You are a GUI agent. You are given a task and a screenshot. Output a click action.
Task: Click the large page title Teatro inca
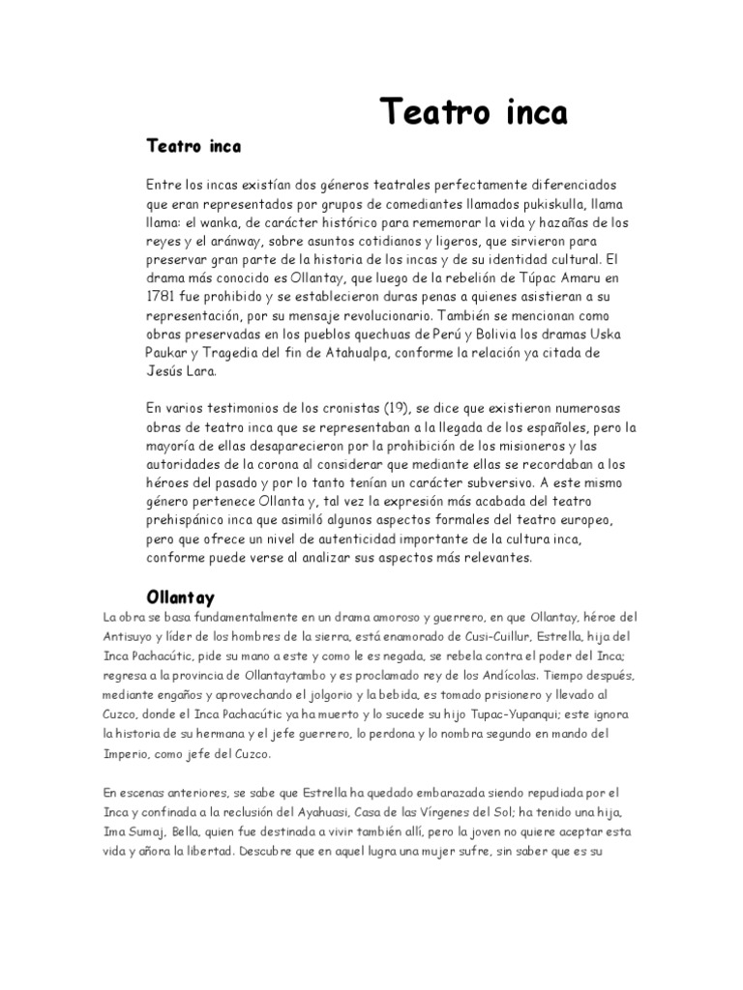coord(472,112)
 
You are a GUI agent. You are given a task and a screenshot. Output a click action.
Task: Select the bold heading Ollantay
coord(180,597)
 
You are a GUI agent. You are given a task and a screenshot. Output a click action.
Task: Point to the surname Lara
coord(202,370)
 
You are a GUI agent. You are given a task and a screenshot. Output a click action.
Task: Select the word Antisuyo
coord(131,637)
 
